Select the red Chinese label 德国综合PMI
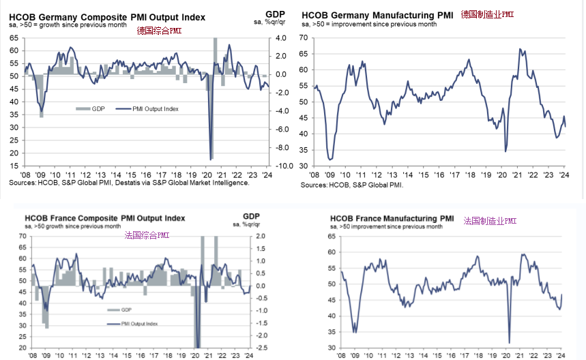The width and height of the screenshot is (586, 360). point(160,31)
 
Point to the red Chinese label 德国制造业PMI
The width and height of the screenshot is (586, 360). point(487,14)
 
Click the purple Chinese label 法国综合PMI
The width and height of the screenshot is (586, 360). point(147,235)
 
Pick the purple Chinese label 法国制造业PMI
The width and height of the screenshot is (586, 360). point(490,221)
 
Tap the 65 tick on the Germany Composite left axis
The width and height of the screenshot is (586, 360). point(14,38)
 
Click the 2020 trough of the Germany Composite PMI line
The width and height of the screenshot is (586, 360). point(211,158)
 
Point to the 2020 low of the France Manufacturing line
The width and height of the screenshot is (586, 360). point(510,342)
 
